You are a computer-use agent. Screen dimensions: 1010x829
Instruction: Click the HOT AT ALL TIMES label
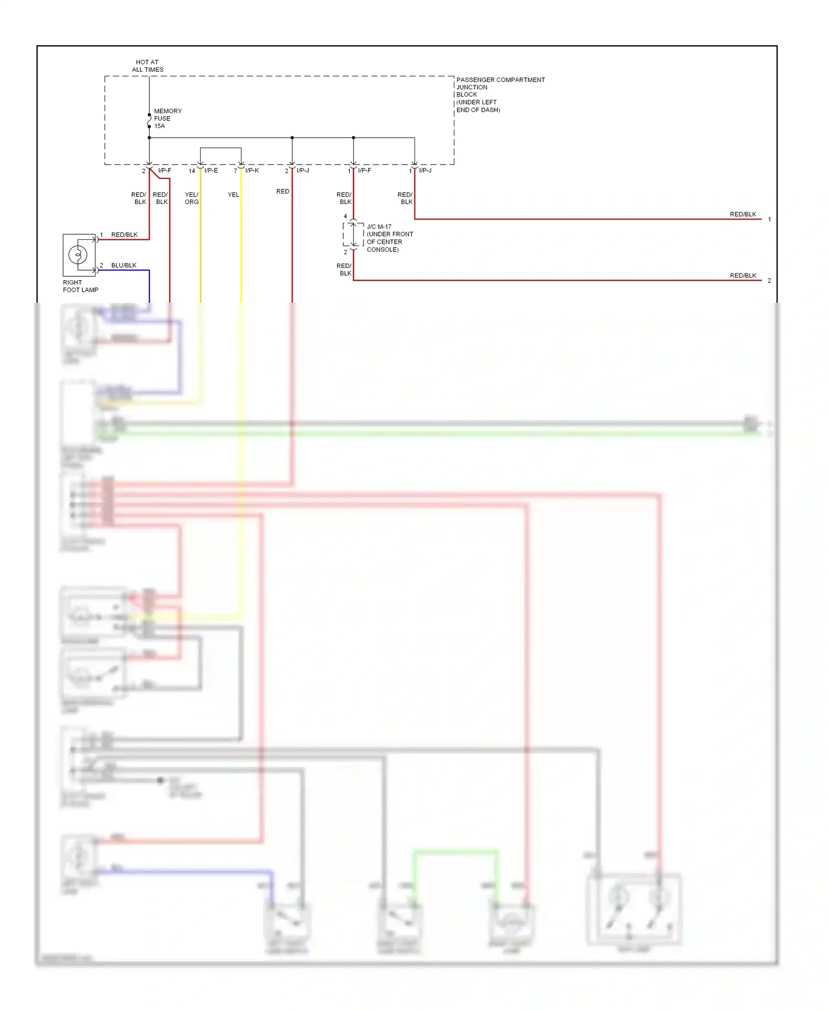(x=147, y=66)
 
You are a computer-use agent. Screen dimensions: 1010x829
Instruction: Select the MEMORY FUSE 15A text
(x=167, y=118)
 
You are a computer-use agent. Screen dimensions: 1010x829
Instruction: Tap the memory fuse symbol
(x=149, y=120)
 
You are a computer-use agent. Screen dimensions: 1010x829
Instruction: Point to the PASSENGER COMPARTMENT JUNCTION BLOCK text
(x=500, y=94)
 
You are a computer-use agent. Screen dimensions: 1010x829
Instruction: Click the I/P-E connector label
(x=211, y=171)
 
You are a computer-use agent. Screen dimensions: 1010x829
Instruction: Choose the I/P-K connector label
(x=252, y=171)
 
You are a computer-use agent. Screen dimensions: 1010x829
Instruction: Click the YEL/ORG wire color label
(x=191, y=198)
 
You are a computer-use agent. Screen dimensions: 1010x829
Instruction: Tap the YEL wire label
(x=233, y=194)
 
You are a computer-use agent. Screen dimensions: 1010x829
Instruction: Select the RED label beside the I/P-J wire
(x=282, y=191)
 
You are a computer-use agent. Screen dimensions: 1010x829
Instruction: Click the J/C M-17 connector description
(x=390, y=238)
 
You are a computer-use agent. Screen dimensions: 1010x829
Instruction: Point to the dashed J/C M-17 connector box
(x=353, y=234)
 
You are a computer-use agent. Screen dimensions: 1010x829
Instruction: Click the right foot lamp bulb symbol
(x=78, y=255)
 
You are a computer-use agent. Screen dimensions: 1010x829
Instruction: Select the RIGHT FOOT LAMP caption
(x=80, y=286)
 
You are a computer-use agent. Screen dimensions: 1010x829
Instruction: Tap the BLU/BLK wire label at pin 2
(x=124, y=265)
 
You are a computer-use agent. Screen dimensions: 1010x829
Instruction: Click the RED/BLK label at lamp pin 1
(x=124, y=235)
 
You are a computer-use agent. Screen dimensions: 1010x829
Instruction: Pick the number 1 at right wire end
(x=769, y=219)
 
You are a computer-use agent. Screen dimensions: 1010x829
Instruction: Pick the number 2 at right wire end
(x=769, y=281)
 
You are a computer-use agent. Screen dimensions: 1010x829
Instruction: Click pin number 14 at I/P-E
(x=192, y=171)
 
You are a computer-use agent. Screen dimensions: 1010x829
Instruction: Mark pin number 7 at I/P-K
(x=235, y=171)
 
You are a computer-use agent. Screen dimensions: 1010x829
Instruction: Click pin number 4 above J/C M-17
(x=345, y=217)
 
